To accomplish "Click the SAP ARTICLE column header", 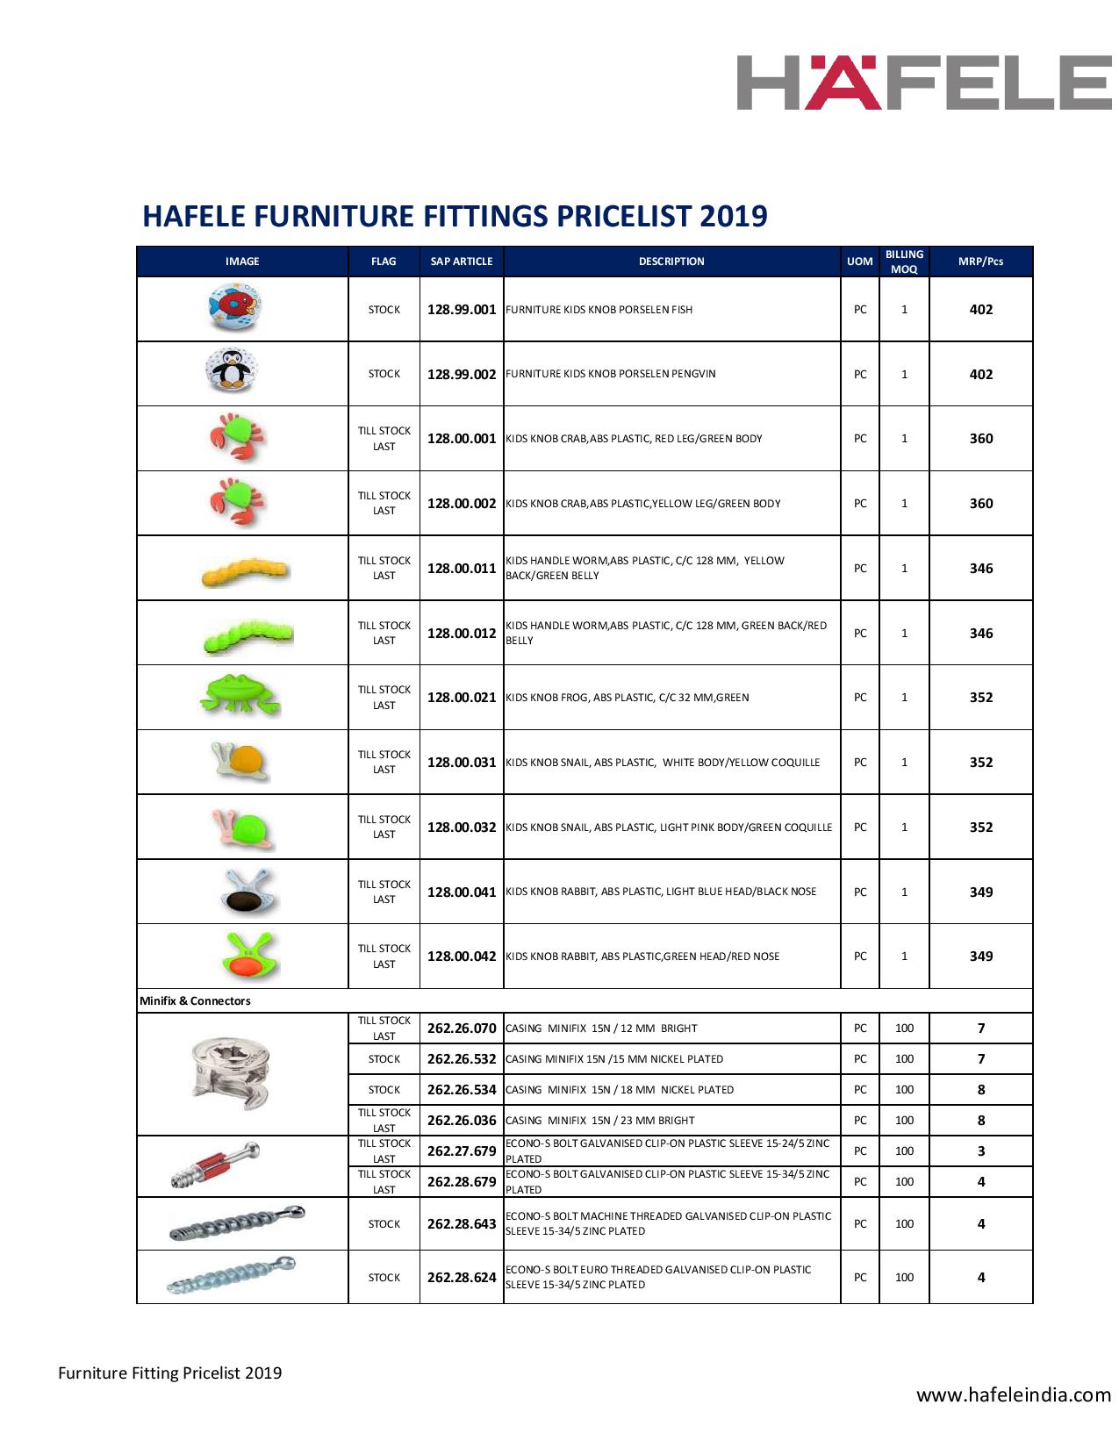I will tap(462, 262).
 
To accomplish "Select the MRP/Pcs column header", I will tap(980, 262).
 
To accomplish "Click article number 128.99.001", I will tap(462, 310).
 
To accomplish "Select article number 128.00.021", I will tap(462, 698).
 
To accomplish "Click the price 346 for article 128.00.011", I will tap(981, 569).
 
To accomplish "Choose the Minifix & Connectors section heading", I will tap(195, 1000).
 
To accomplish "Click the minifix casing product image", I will tap(232, 1074).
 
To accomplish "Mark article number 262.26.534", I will tap(462, 1090).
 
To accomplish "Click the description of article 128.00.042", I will tap(643, 957).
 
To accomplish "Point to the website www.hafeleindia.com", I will tap(1014, 1394).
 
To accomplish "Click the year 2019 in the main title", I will tap(734, 216).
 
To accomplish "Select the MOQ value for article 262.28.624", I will tap(904, 1278).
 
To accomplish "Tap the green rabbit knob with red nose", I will tap(248, 955).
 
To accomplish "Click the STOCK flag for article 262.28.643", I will tap(384, 1224).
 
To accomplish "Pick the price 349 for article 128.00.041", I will tap(981, 892).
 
